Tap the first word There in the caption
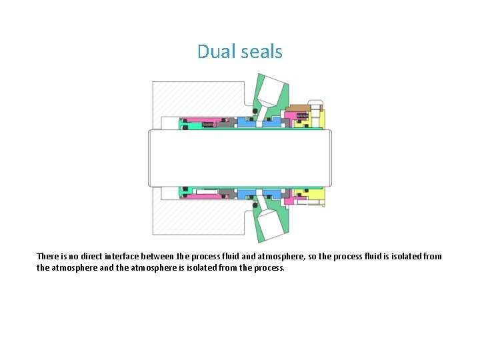pyautogui.click(x=48, y=256)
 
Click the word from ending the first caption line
pyautogui.click(x=431, y=256)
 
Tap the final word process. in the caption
pyautogui.click(x=269, y=268)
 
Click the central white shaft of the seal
pyautogui.click(x=240, y=157)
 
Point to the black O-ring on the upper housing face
pyautogui.click(x=255, y=110)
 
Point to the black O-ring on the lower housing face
pyautogui.click(x=255, y=205)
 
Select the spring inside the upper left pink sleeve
pyautogui.click(x=208, y=124)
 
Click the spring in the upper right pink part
pyautogui.click(x=302, y=116)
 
